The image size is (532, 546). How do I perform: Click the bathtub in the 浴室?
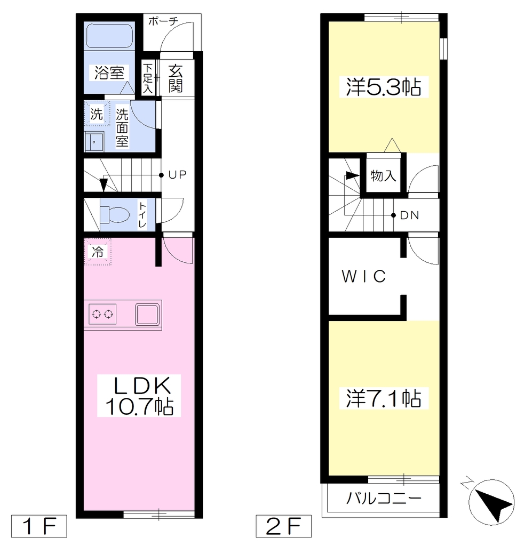(109, 35)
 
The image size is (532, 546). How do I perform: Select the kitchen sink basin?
(147, 314)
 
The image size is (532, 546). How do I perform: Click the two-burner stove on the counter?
(102, 314)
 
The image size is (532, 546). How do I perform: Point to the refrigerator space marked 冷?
(98, 252)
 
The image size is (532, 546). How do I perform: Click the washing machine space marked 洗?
(97, 114)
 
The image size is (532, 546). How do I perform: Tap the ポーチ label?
(163, 21)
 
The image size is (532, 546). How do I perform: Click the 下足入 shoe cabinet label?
(147, 78)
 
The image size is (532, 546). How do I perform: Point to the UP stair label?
(178, 175)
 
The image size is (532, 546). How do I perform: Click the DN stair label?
(410, 215)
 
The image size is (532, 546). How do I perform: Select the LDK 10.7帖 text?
(139, 396)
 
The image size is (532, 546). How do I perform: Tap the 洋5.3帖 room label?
(384, 87)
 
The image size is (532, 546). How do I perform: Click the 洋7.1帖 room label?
(384, 398)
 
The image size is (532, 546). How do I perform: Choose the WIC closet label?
(364, 277)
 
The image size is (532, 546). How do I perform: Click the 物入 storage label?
(383, 176)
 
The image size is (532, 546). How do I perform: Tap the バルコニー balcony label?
(384, 499)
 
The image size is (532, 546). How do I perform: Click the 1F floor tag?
(39, 526)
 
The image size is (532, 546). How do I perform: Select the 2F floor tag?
(283, 526)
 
